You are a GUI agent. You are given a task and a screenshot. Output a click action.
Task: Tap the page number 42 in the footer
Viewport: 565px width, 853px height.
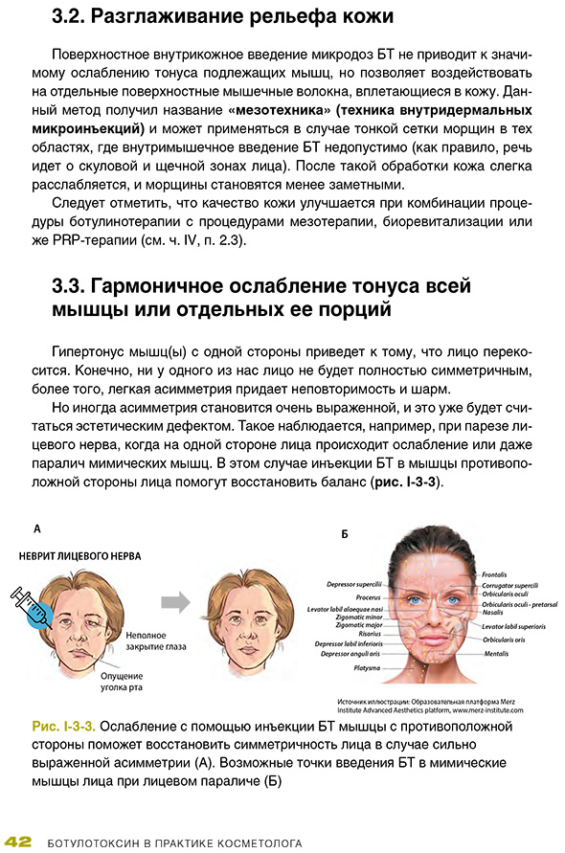click(x=18, y=842)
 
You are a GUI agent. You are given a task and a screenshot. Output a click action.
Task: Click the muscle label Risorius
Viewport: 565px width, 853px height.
click(x=368, y=633)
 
